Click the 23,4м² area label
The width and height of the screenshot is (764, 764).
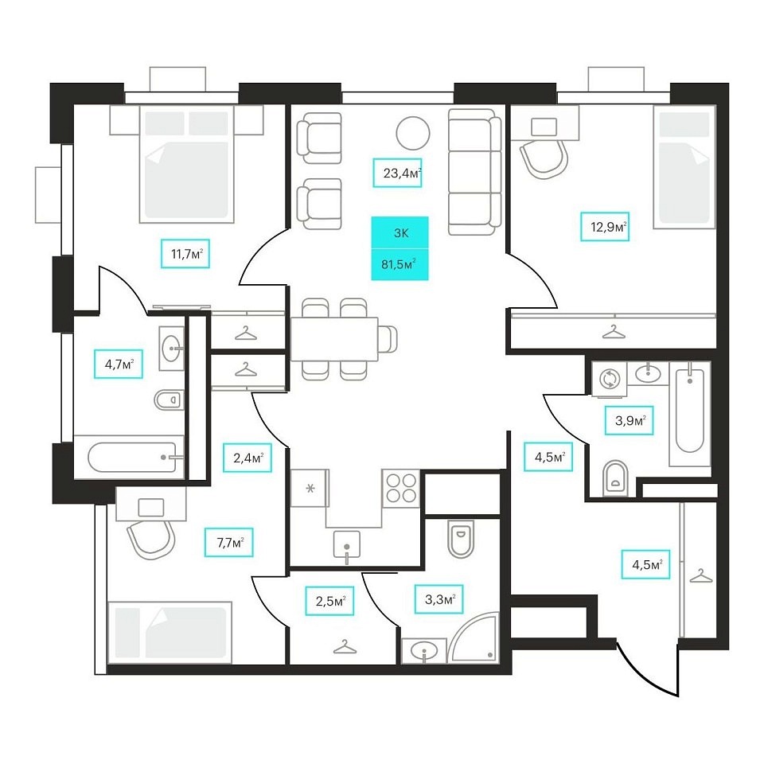click(x=397, y=173)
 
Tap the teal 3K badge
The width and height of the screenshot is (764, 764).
click(x=400, y=233)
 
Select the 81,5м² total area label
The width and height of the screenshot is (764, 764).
click(x=400, y=264)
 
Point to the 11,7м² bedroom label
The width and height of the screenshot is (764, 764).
click(x=185, y=253)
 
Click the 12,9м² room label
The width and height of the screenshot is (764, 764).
click(x=605, y=227)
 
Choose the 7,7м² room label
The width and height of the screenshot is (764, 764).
click(x=229, y=542)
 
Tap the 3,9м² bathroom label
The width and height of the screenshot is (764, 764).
click(x=629, y=420)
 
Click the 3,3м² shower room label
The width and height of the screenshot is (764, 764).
click(x=439, y=598)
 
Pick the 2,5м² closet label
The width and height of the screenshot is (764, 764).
click(x=329, y=601)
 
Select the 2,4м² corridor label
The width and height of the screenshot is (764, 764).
click(x=247, y=458)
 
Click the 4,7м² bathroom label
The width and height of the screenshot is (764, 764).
click(x=119, y=364)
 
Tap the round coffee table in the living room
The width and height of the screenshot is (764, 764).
click(x=413, y=133)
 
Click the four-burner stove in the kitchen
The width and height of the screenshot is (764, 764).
click(x=401, y=489)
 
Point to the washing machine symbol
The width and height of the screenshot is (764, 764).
click(x=609, y=379)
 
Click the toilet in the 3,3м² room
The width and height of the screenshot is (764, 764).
click(x=461, y=539)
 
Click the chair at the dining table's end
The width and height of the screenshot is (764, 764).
click(x=388, y=339)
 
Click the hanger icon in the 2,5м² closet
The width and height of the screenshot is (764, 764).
click(x=345, y=647)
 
